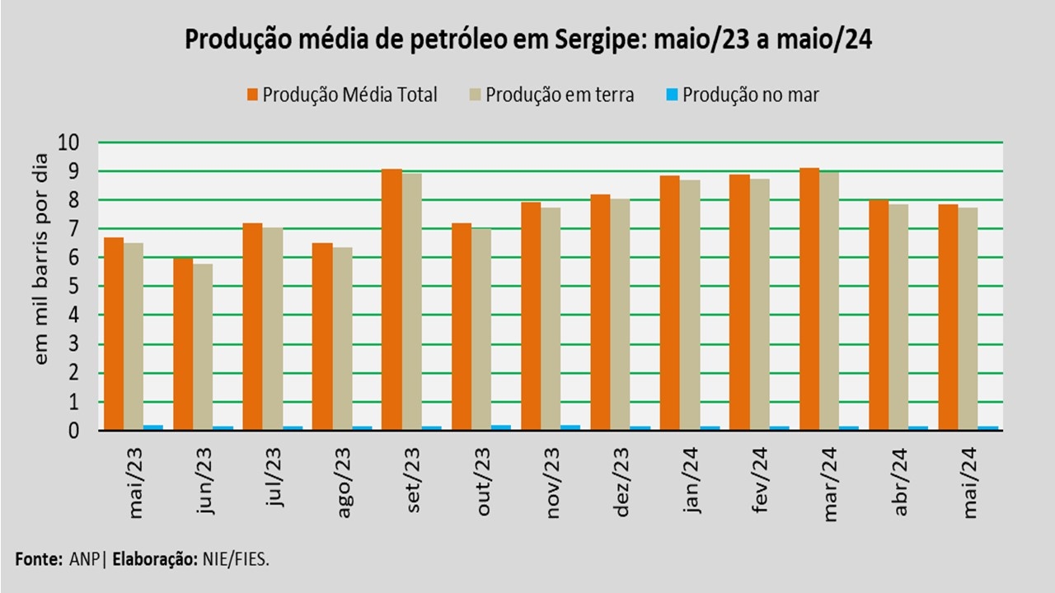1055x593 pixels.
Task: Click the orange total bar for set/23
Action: [392, 300]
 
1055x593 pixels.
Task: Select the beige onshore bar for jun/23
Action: [202, 347]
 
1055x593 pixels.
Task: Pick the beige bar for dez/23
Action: [619, 314]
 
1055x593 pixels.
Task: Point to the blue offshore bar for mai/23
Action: [152, 427]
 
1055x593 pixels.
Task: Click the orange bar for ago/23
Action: [322, 337]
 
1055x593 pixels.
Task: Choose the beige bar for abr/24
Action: [898, 317]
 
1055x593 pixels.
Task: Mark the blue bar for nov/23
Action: [570, 427]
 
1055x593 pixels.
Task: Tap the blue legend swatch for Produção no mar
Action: [672, 95]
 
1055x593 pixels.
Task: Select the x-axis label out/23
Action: [484, 482]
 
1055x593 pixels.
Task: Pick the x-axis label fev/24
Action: [762, 482]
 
